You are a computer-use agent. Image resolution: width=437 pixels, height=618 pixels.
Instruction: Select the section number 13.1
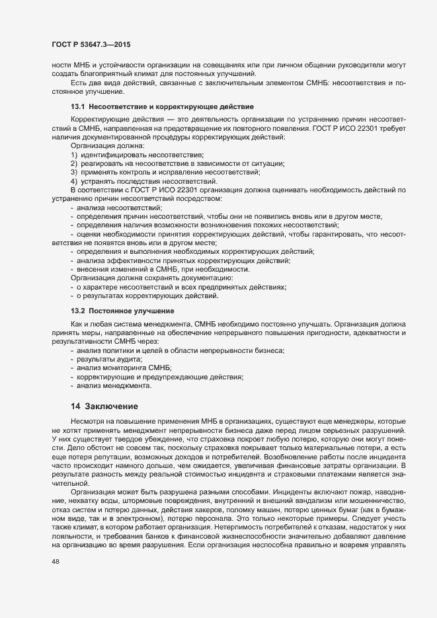(x=78, y=106)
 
